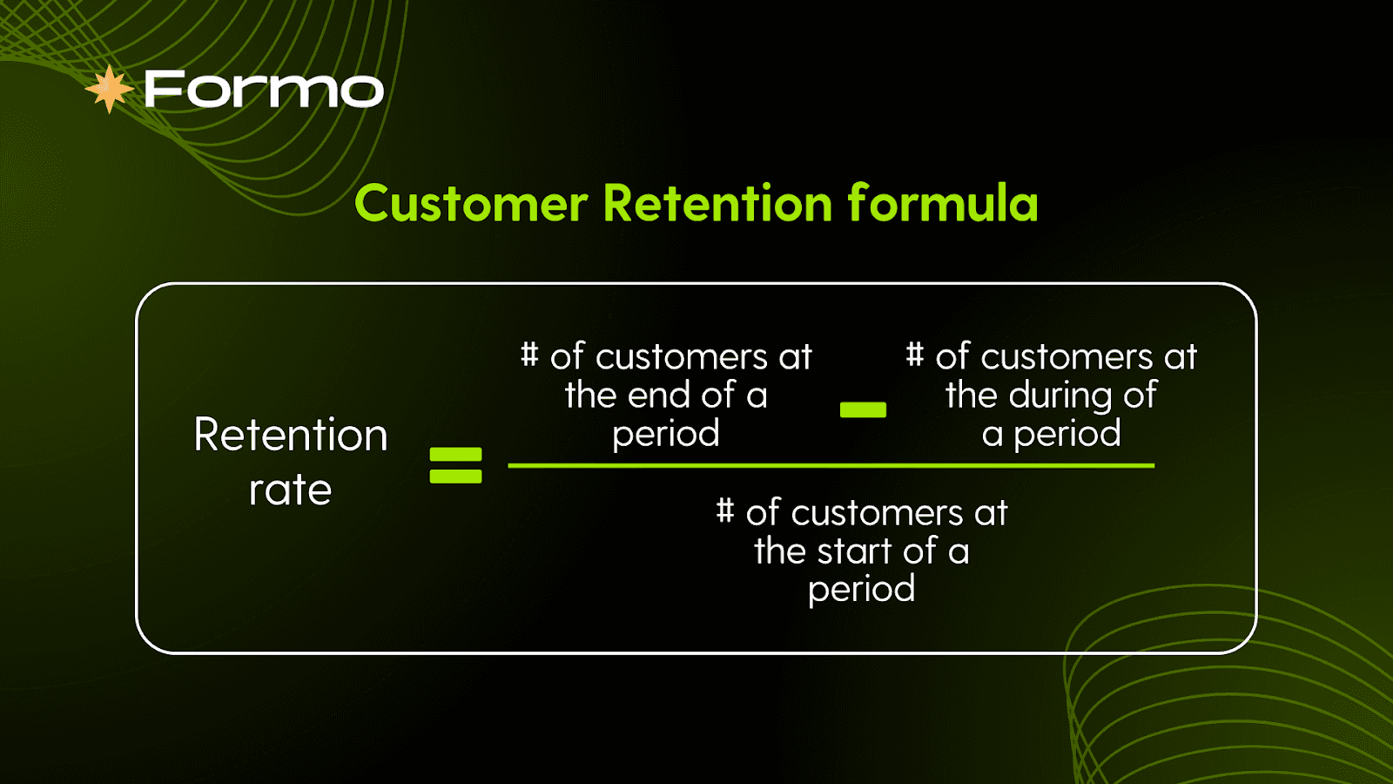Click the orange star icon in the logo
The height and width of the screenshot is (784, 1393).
(110, 89)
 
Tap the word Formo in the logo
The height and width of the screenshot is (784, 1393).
(265, 89)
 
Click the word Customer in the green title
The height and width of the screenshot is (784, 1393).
(471, 204)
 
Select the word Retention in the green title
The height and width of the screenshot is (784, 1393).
(717, 203)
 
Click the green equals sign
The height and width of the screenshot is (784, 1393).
(456, 465)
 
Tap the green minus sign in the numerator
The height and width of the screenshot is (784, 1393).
(863, 409)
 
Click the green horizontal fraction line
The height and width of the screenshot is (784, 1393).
(831, 465)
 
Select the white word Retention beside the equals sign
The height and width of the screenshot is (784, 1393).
(291, 435)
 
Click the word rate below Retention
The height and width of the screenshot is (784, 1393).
(291, 490)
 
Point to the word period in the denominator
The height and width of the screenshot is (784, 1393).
(862, 589)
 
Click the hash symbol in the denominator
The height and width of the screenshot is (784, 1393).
(724, 510)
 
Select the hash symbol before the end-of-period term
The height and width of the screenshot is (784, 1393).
(529, 354)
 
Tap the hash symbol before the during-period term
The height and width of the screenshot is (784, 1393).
(914, 354)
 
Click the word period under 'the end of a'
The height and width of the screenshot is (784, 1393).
(666, 433)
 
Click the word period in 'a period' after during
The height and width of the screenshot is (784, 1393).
(1067, 433)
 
